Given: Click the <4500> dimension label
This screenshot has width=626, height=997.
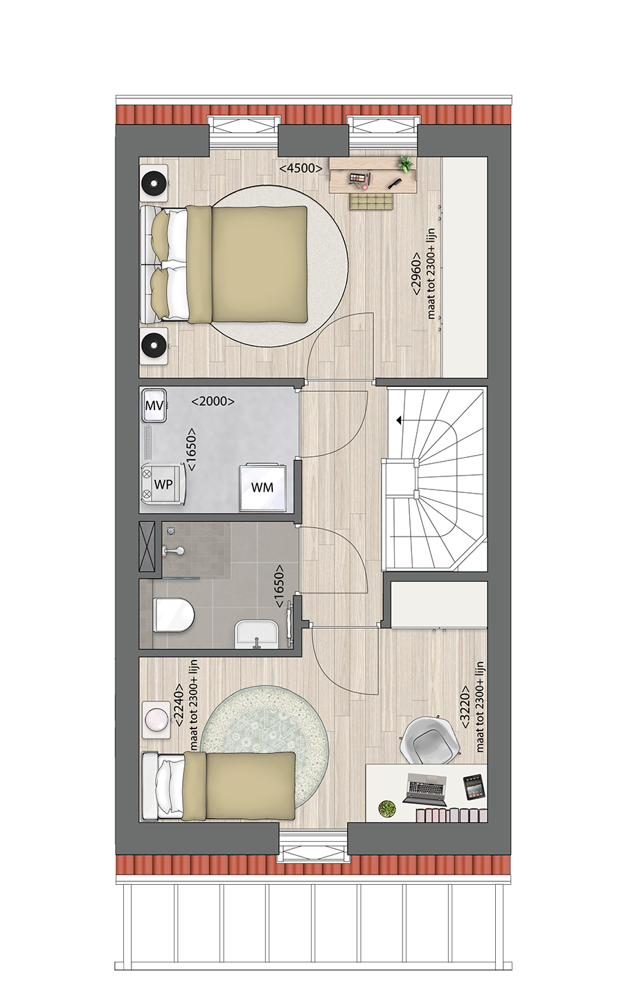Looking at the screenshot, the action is coord(301,168).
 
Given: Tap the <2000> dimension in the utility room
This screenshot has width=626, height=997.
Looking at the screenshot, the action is coord(213,401).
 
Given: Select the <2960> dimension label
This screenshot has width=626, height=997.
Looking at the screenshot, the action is coord(416,273).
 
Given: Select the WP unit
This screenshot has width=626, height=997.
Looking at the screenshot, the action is coord(163,484).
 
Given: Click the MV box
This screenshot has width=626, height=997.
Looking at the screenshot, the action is coord(154,405).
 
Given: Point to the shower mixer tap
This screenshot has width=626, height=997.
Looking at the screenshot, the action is coord(175,551).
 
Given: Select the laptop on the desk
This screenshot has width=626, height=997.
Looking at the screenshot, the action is coord(424,789).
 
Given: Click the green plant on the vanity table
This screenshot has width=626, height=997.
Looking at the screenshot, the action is coord(405,163).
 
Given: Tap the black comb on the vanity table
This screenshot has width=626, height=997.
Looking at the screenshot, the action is coord(394,183).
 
